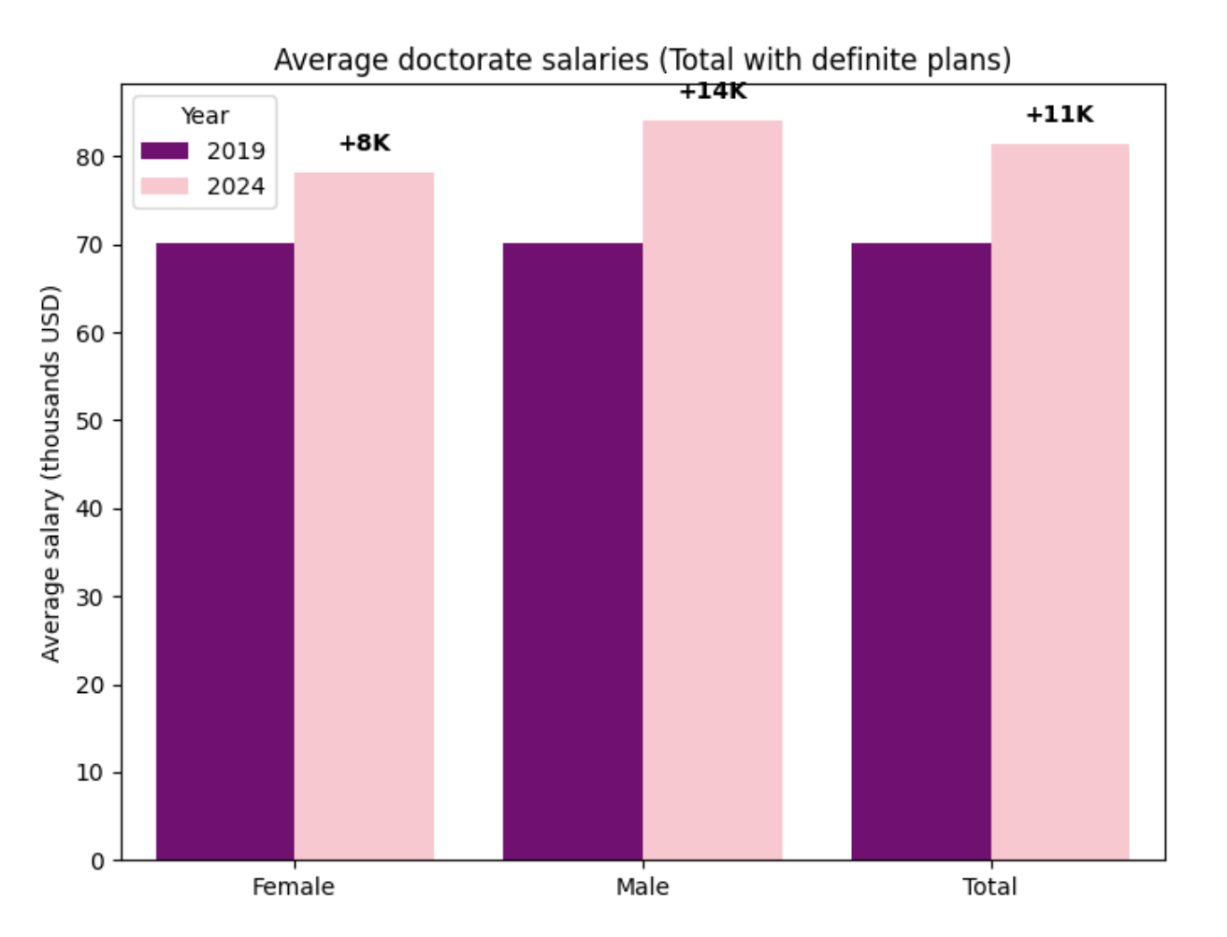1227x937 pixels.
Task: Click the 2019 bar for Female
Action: click(x=224, y=552)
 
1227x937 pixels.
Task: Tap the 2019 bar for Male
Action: click(x=572, y=552)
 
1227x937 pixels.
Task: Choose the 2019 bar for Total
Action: click(x=920, y=552)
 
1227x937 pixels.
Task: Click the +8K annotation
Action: click(x=365, y=143)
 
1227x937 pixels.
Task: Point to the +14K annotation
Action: click(x=713, y=92)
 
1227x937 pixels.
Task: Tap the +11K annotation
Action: click(x=1060, y=114)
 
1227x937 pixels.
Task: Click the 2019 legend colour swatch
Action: click(x=165, y=151)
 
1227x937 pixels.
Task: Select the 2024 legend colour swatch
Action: click(x=165, y=186)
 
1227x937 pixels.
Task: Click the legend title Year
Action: click(x=205, y=116)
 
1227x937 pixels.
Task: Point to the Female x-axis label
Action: click(x=293, y=887)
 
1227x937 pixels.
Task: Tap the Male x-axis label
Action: click(x=642, y=887)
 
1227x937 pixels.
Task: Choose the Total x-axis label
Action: click(x=989, y=887)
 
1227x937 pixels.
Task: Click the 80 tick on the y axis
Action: click(x=90, y=157)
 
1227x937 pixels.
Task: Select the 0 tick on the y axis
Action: click(x=97, y=861)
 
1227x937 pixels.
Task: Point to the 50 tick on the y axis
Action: click(x=90, y=421)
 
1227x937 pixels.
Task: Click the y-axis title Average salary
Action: click(x=51, y=473)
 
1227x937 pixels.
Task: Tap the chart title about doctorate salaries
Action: click(x=642, y=60)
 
